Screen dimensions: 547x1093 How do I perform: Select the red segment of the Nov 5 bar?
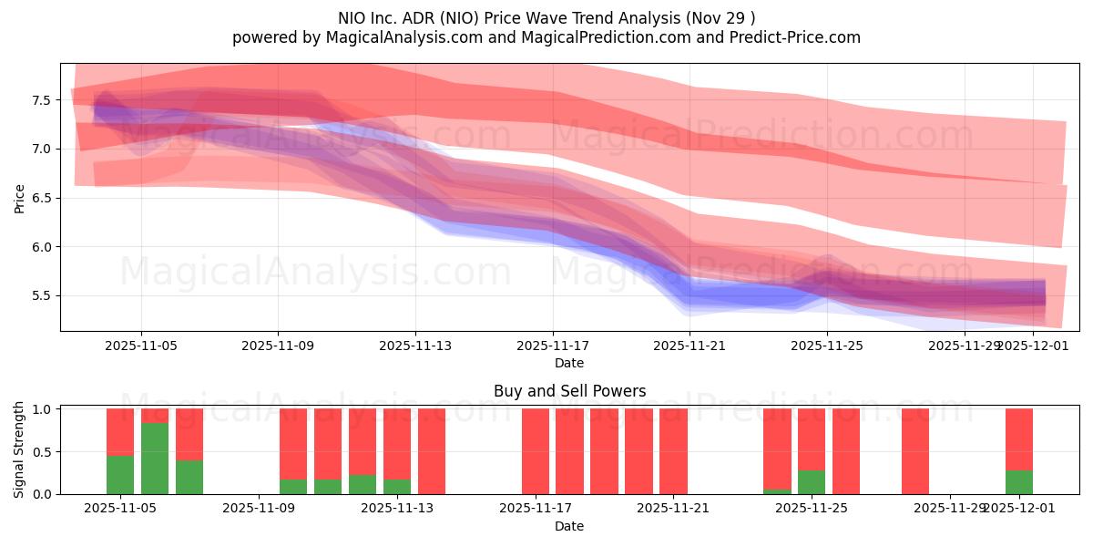120,431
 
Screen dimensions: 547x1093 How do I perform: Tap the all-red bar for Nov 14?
432,451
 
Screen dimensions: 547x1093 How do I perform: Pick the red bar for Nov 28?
915,451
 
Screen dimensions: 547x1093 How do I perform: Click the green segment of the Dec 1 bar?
1019,482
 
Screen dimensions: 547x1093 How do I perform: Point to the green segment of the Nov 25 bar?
812,482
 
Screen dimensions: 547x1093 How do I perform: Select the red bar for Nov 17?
536,451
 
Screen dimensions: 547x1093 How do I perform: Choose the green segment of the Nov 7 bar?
189,477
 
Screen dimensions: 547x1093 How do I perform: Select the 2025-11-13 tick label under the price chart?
415,346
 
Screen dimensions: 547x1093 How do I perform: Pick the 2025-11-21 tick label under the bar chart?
673,509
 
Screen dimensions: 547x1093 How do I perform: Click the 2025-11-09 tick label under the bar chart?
260,509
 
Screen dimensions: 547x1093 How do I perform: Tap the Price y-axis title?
20,197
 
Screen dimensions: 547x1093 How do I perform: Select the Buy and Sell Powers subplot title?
569,391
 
